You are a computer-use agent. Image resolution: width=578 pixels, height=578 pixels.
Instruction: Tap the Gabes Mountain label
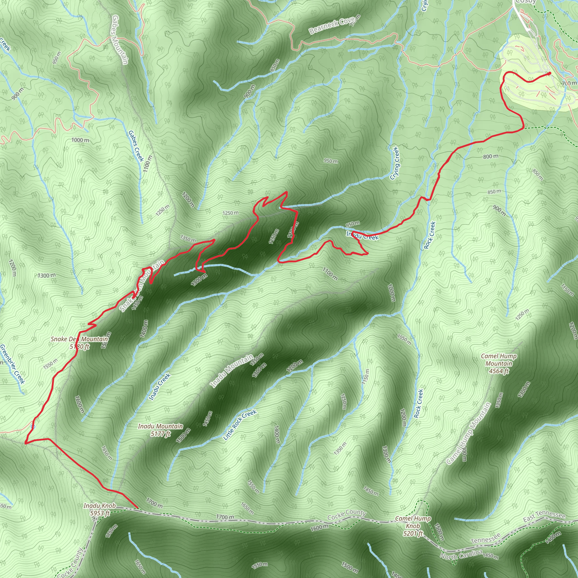[120, 40]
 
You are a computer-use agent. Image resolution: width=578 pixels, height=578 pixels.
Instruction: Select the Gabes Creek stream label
[136, 146]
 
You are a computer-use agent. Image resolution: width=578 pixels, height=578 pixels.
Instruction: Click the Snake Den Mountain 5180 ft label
[79, 343]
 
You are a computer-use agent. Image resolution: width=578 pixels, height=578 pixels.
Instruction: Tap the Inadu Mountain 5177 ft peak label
[160, 430]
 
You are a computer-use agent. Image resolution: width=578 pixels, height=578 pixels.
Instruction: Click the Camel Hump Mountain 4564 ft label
[498, 364]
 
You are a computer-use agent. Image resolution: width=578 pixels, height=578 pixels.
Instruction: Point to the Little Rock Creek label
[240, 424]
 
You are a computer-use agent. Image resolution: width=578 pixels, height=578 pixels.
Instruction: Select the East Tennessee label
[544, 516]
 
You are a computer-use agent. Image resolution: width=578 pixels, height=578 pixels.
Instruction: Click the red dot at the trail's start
[549, 73]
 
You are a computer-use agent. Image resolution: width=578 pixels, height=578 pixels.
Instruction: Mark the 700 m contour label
[569, 83]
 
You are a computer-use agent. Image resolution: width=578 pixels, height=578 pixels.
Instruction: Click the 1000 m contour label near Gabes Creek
[80, 140]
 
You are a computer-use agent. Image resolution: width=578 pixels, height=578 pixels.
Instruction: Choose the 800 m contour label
[491, 156]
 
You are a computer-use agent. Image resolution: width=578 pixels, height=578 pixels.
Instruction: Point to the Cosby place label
[526, 1]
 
